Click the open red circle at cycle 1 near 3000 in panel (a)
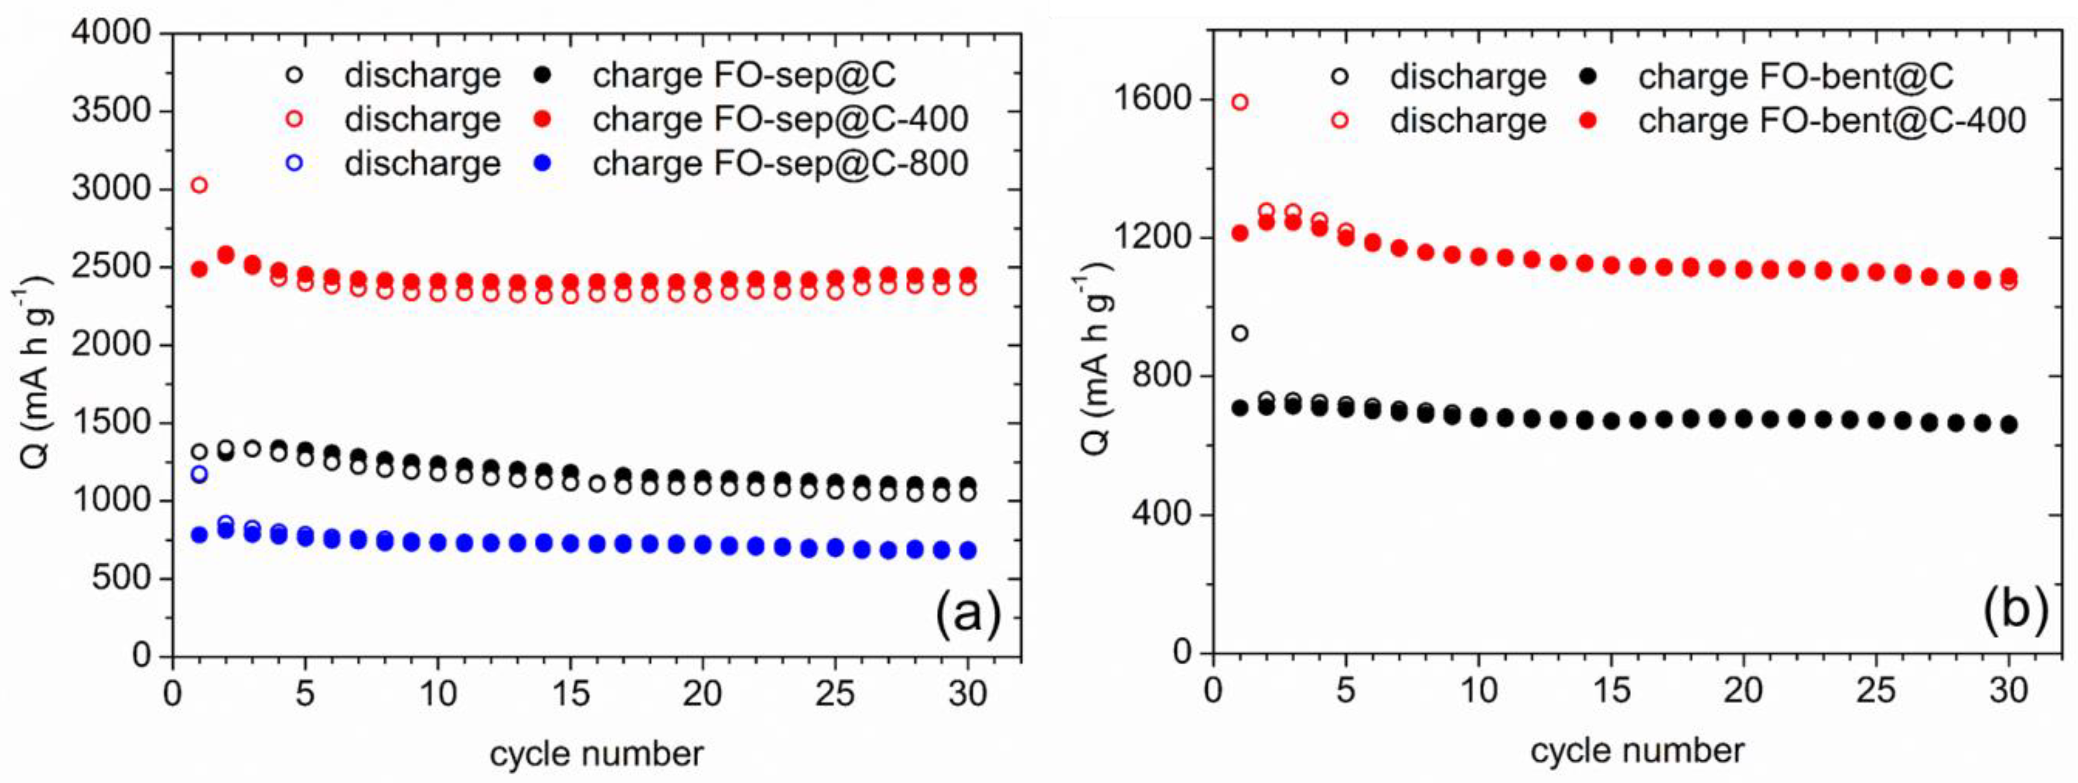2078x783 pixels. (198, 186)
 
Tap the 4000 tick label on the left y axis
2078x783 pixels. (111, 32)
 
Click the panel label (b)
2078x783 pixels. (2015, 607)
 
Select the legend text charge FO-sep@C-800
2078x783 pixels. (780, 163)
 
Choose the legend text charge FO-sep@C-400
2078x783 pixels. (780, 119)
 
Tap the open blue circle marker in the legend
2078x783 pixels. (294, 163)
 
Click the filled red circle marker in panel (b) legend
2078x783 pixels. (1587, 121)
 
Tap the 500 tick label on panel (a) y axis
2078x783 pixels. (121, 577)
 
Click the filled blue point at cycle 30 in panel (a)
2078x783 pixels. (967, 550)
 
